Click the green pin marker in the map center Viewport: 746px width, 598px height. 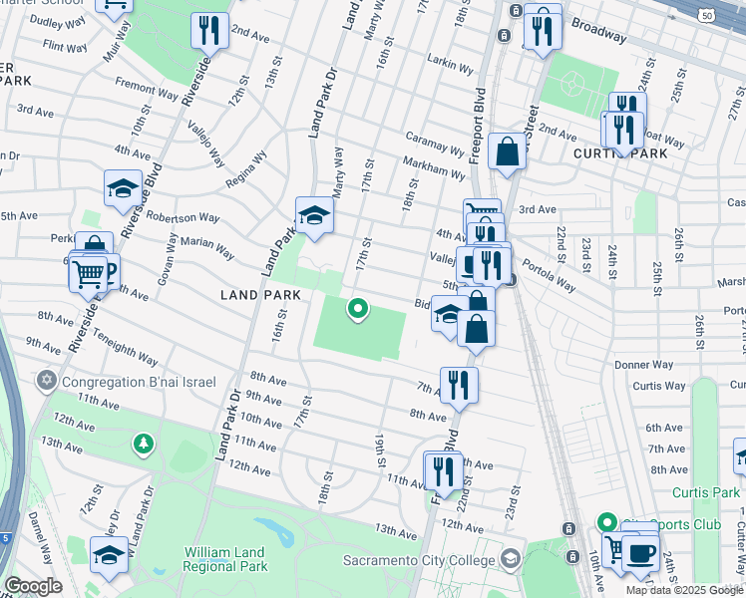[357, 310]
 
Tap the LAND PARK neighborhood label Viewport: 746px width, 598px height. [260, 296]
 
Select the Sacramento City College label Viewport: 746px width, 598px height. [420, 560]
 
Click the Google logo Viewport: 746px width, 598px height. [32, 586]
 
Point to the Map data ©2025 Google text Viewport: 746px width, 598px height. [684, 590]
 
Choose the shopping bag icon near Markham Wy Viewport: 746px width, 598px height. [508, 152]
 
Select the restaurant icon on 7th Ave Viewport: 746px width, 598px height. [458, 385]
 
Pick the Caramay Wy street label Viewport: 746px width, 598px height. [434, 144]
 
